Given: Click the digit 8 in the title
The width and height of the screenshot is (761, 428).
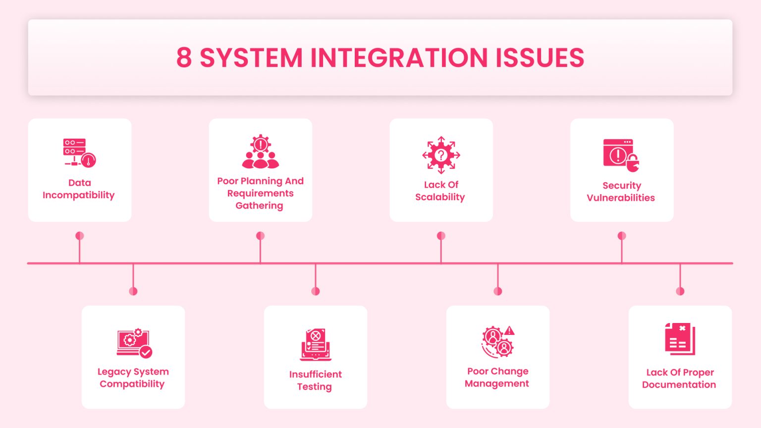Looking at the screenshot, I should tap(184, 58).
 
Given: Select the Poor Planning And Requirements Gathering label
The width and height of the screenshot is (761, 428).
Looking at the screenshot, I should tap(260, 193).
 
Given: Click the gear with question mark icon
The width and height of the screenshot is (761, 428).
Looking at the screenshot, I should tap(441, 155).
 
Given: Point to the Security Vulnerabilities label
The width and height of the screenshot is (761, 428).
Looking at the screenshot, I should tap(621, 192).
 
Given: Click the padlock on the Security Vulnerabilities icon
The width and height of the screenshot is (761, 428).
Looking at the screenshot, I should tap(633, 163).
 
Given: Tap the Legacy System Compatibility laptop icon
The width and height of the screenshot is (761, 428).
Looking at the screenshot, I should tap(132, 342).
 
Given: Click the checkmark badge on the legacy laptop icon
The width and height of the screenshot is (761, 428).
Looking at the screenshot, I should tap(146, 352).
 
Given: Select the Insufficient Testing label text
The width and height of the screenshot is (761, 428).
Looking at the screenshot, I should tap(315, 380).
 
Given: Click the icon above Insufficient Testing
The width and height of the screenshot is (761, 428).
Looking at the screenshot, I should tap(316, 344).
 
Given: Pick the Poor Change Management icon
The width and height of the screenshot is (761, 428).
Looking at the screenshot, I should tap(497, 342).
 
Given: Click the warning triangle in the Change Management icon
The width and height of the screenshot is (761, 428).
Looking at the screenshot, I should tap(509, 331).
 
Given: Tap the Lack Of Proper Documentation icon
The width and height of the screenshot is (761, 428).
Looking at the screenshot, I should tap(680, 339).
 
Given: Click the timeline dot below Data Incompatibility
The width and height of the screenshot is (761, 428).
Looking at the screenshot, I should tap(80, 236).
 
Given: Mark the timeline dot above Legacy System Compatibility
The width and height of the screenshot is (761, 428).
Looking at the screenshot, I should tap(133, 291).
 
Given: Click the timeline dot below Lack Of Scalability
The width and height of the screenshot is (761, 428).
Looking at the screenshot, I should tap(441, 236).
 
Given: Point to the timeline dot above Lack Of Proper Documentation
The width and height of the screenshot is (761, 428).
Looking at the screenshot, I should tap(680, 291).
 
